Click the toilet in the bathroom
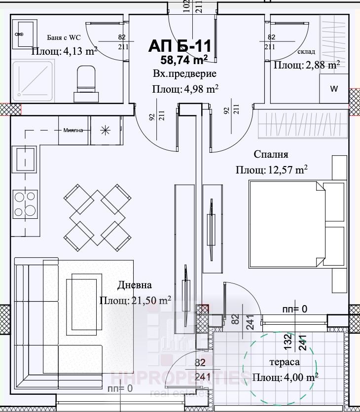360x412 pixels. click(x=87, y=81)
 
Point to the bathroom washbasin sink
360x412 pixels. click(x=23, y=34)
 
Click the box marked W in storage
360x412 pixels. click(x=333, y=89)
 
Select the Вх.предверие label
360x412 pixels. click(x=184, y=74)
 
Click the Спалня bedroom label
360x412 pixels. click(x=271, y=154)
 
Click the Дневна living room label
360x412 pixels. click(x=135, y=285)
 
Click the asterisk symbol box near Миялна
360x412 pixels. click(x=105, y=131)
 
